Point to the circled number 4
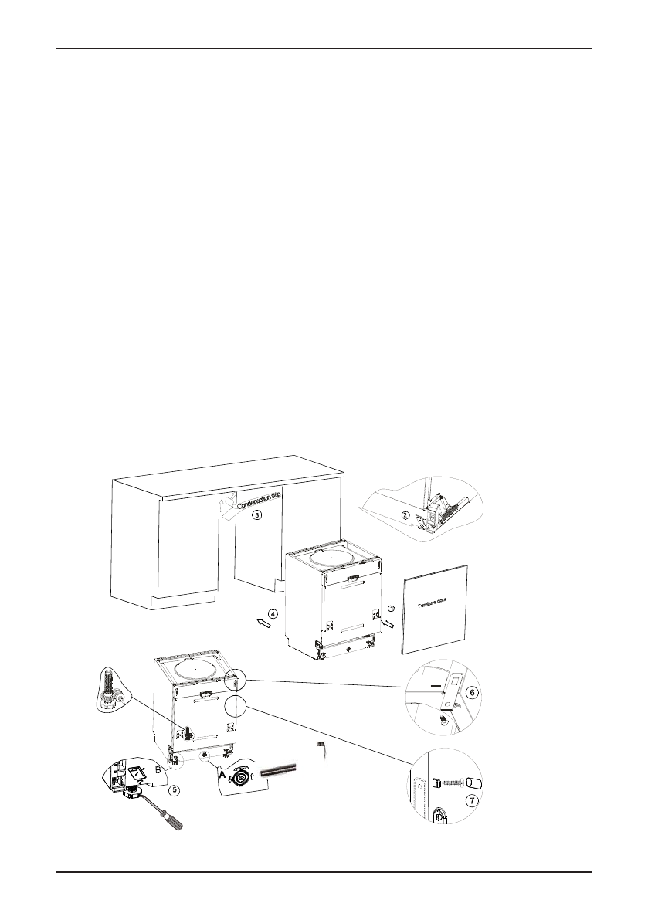coord(272,615)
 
